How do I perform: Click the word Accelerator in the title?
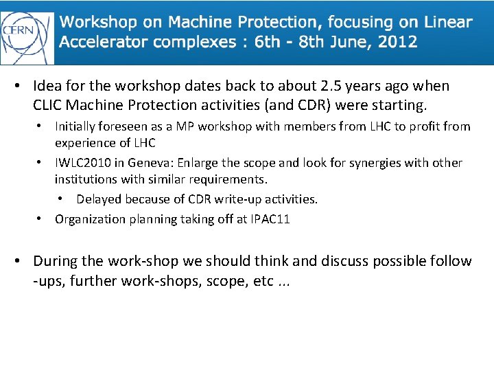tap(103, 41)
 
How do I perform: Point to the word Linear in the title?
tap(448, 22)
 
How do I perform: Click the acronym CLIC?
tap(47, 105)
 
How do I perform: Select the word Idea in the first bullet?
tap(47, 87)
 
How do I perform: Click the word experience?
tap(84, 143)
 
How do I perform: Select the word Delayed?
tap(99, 199)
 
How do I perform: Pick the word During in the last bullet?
tap(56, 261)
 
